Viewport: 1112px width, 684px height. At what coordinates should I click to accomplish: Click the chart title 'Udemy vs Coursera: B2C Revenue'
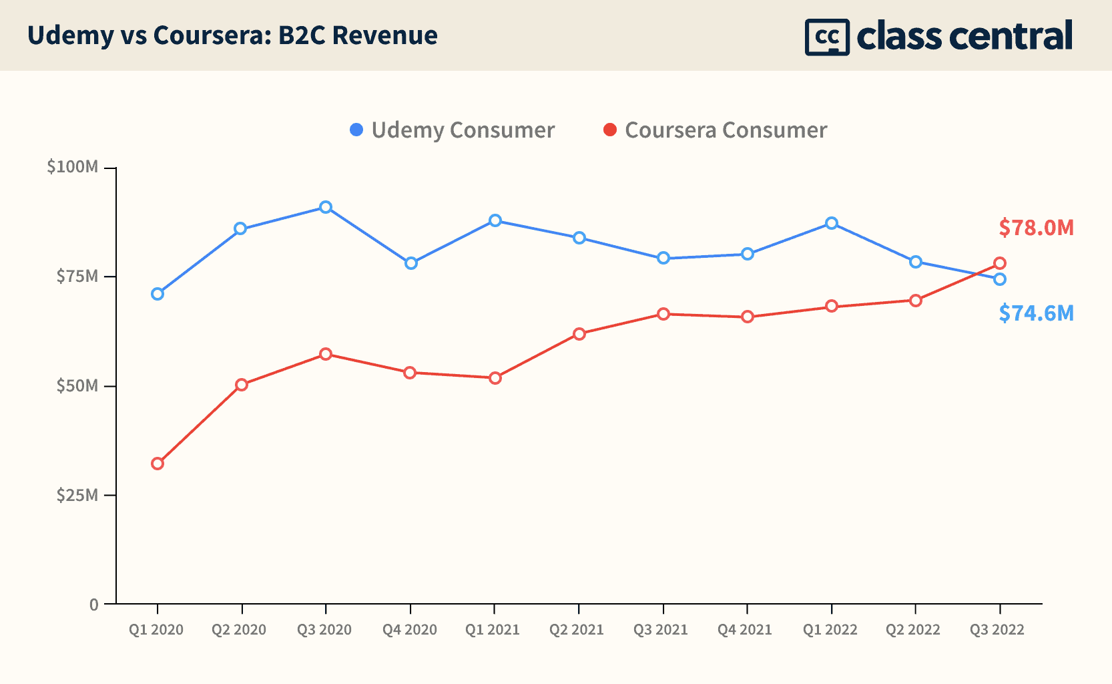[232, 35]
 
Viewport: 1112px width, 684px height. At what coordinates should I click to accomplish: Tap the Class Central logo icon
[827, 37]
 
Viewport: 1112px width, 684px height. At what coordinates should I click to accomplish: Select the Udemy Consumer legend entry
[452, 130]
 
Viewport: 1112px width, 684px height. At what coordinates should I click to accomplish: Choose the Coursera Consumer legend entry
[715, 130]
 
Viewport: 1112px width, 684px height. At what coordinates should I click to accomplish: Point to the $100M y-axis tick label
[73, 167]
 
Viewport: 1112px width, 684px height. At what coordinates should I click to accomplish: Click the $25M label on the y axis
[77, 495]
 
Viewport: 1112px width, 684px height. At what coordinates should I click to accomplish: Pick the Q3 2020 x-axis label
[324, 630]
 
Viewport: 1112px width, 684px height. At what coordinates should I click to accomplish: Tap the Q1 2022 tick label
[830, 630]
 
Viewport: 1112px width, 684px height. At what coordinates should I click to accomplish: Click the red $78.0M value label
[1036, 228]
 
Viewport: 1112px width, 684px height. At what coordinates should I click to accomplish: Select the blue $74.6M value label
[1036, 313]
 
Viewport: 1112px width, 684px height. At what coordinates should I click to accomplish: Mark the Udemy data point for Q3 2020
[326, 207]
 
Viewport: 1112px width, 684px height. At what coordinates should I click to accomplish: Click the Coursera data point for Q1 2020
[158, 464]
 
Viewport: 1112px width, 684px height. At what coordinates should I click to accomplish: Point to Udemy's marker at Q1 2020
[158, 294]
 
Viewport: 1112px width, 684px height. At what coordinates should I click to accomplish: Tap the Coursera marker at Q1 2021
[495, 378]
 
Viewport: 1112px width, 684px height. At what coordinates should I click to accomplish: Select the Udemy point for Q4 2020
[410, 263]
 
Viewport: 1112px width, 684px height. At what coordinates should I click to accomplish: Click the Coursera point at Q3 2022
[999, 263]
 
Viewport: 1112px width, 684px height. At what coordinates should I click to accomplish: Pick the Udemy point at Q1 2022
[831, 223]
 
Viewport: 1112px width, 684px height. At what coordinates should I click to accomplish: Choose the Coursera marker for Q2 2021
[579, 334]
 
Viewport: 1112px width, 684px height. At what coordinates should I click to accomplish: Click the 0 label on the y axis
[93, 605]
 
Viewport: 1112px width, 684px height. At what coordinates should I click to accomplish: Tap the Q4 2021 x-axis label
[745, 630]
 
